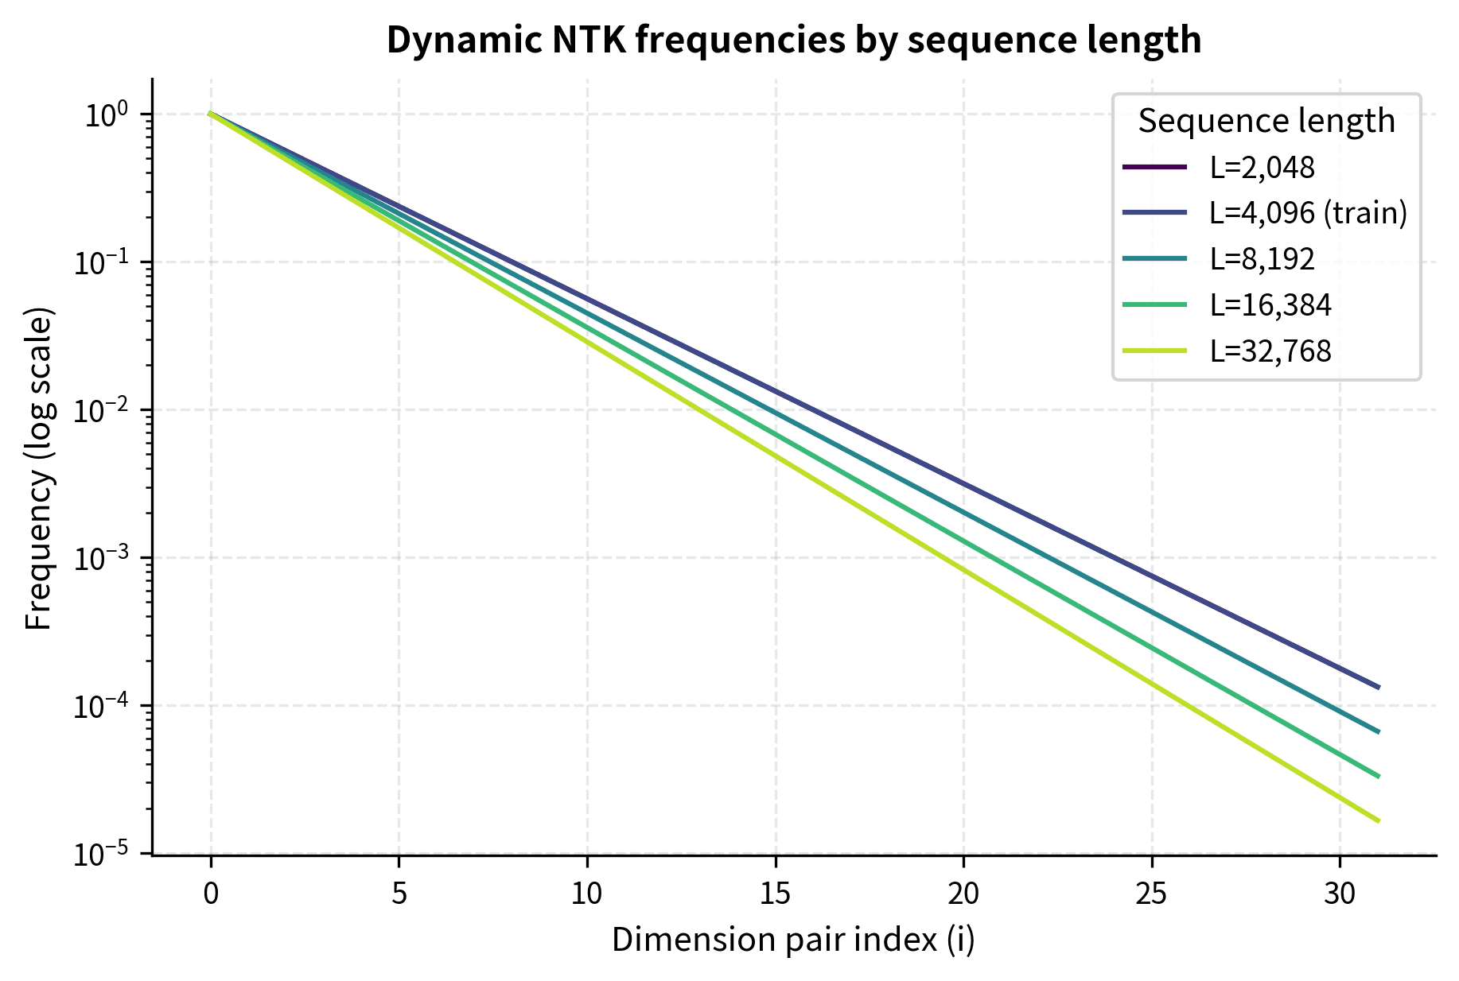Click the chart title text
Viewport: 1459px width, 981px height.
793,40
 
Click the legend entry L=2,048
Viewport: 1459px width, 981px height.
1262,168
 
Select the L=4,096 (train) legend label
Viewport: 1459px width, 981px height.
1308,213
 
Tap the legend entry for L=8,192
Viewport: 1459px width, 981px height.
1262,259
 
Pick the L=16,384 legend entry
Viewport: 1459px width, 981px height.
1270,305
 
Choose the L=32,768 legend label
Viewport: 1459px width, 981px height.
1270,351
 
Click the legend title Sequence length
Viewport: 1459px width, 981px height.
1266,121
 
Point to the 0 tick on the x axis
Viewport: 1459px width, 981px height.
211,894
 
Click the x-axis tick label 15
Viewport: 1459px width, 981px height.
775,894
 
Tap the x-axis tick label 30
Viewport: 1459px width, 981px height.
1340,894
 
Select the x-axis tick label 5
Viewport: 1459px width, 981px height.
399,894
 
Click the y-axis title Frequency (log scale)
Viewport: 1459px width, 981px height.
39,469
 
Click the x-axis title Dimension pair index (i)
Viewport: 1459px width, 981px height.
793,940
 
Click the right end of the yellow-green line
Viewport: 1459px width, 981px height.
1378,820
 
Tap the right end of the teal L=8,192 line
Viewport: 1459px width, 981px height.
1378,731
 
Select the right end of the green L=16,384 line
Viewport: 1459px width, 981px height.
1378,776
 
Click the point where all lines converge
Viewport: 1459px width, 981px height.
211,114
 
